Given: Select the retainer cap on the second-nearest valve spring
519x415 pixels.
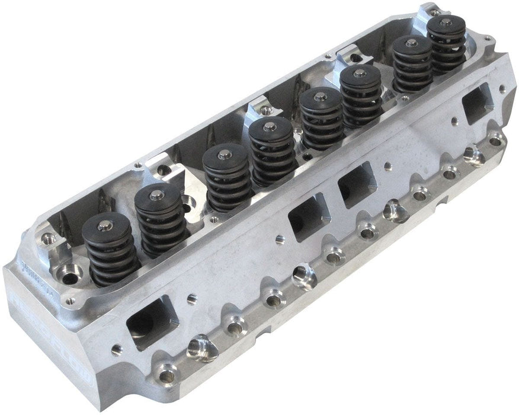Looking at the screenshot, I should pyautogui.click(x=158, y=193).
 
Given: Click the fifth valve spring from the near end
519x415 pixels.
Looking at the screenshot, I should pyautogui.click(x=321, y=119).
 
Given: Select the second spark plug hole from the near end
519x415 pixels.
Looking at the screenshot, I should pyautogui.click(x=304, y=276).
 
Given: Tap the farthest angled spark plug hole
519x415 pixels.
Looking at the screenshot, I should pyautogui.click(x=474, y=156).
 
